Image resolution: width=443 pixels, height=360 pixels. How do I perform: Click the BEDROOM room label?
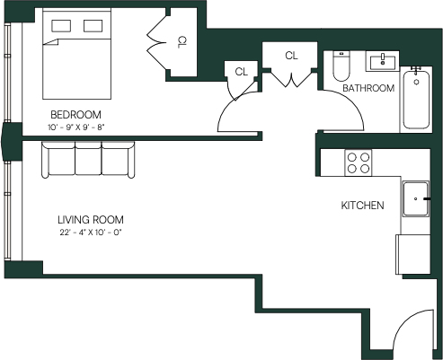75,115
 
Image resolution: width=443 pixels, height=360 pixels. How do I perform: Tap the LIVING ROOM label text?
91,220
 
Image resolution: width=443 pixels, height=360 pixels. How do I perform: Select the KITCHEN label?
362,206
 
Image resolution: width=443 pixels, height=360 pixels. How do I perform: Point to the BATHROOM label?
368,88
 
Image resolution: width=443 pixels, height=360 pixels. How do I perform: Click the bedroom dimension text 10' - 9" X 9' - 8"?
75,127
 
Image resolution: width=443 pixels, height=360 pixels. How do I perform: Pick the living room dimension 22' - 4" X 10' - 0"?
92,233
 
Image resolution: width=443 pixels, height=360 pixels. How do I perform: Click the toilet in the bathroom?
341,66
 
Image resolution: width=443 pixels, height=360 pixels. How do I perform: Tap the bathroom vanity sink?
383,61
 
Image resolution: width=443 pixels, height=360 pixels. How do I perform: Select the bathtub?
416,100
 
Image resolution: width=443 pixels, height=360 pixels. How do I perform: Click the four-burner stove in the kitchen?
359,162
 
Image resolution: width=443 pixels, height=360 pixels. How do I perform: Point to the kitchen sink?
416,198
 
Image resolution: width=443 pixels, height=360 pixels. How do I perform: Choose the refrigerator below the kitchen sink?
413,254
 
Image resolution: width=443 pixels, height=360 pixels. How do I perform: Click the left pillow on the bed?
61,26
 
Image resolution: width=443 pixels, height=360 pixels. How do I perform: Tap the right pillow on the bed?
93,26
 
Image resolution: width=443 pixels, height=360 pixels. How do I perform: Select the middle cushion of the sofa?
88,159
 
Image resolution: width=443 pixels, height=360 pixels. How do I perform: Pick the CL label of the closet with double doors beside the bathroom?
291,56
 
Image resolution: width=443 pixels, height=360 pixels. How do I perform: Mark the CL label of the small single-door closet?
242,72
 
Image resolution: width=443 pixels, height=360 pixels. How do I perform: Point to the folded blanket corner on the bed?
50,42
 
